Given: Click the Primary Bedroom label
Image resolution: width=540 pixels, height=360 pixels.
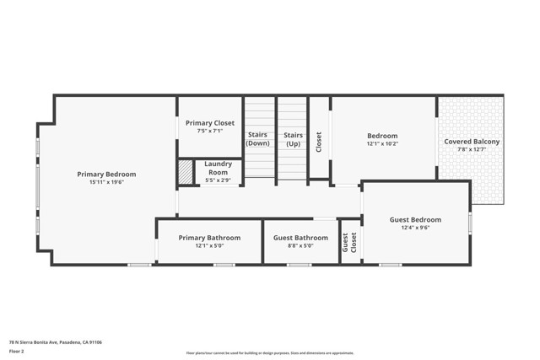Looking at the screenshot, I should tap(106, 175).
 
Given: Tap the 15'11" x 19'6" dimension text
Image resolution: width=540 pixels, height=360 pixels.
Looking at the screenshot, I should tap(106, 182).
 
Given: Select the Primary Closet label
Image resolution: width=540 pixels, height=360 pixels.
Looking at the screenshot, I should tap(210, 123).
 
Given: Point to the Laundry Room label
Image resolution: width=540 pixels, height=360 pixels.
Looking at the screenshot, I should tap(219, 167).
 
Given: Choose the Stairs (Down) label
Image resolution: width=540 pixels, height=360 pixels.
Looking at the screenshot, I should tap(258, 139).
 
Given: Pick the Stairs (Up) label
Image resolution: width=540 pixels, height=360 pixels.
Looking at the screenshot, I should tap(293, 139).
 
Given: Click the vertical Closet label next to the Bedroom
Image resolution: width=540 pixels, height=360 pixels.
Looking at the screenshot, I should tap(319, 140).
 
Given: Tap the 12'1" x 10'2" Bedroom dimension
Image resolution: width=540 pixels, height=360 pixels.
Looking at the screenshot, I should tap(382, 143).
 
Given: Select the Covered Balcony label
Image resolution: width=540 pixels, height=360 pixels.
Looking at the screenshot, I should tap(472, 142).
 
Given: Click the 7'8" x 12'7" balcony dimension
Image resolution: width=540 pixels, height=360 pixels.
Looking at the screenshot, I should tap(472, 149).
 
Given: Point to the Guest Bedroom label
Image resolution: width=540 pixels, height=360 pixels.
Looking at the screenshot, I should tap(415, 220).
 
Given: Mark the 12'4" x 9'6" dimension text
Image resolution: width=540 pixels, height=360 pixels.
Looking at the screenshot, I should tap(415, 228).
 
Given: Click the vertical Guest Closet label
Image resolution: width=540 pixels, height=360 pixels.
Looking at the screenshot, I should tap(348, 243).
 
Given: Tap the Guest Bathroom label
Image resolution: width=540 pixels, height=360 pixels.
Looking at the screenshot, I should tap(300, 238).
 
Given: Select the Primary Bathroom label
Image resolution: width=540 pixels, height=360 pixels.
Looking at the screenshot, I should tap(209, 238).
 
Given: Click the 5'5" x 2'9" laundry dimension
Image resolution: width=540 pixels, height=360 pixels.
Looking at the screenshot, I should tap(219, 180).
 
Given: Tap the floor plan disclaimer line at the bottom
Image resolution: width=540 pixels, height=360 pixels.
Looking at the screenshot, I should tap(269, 353).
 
